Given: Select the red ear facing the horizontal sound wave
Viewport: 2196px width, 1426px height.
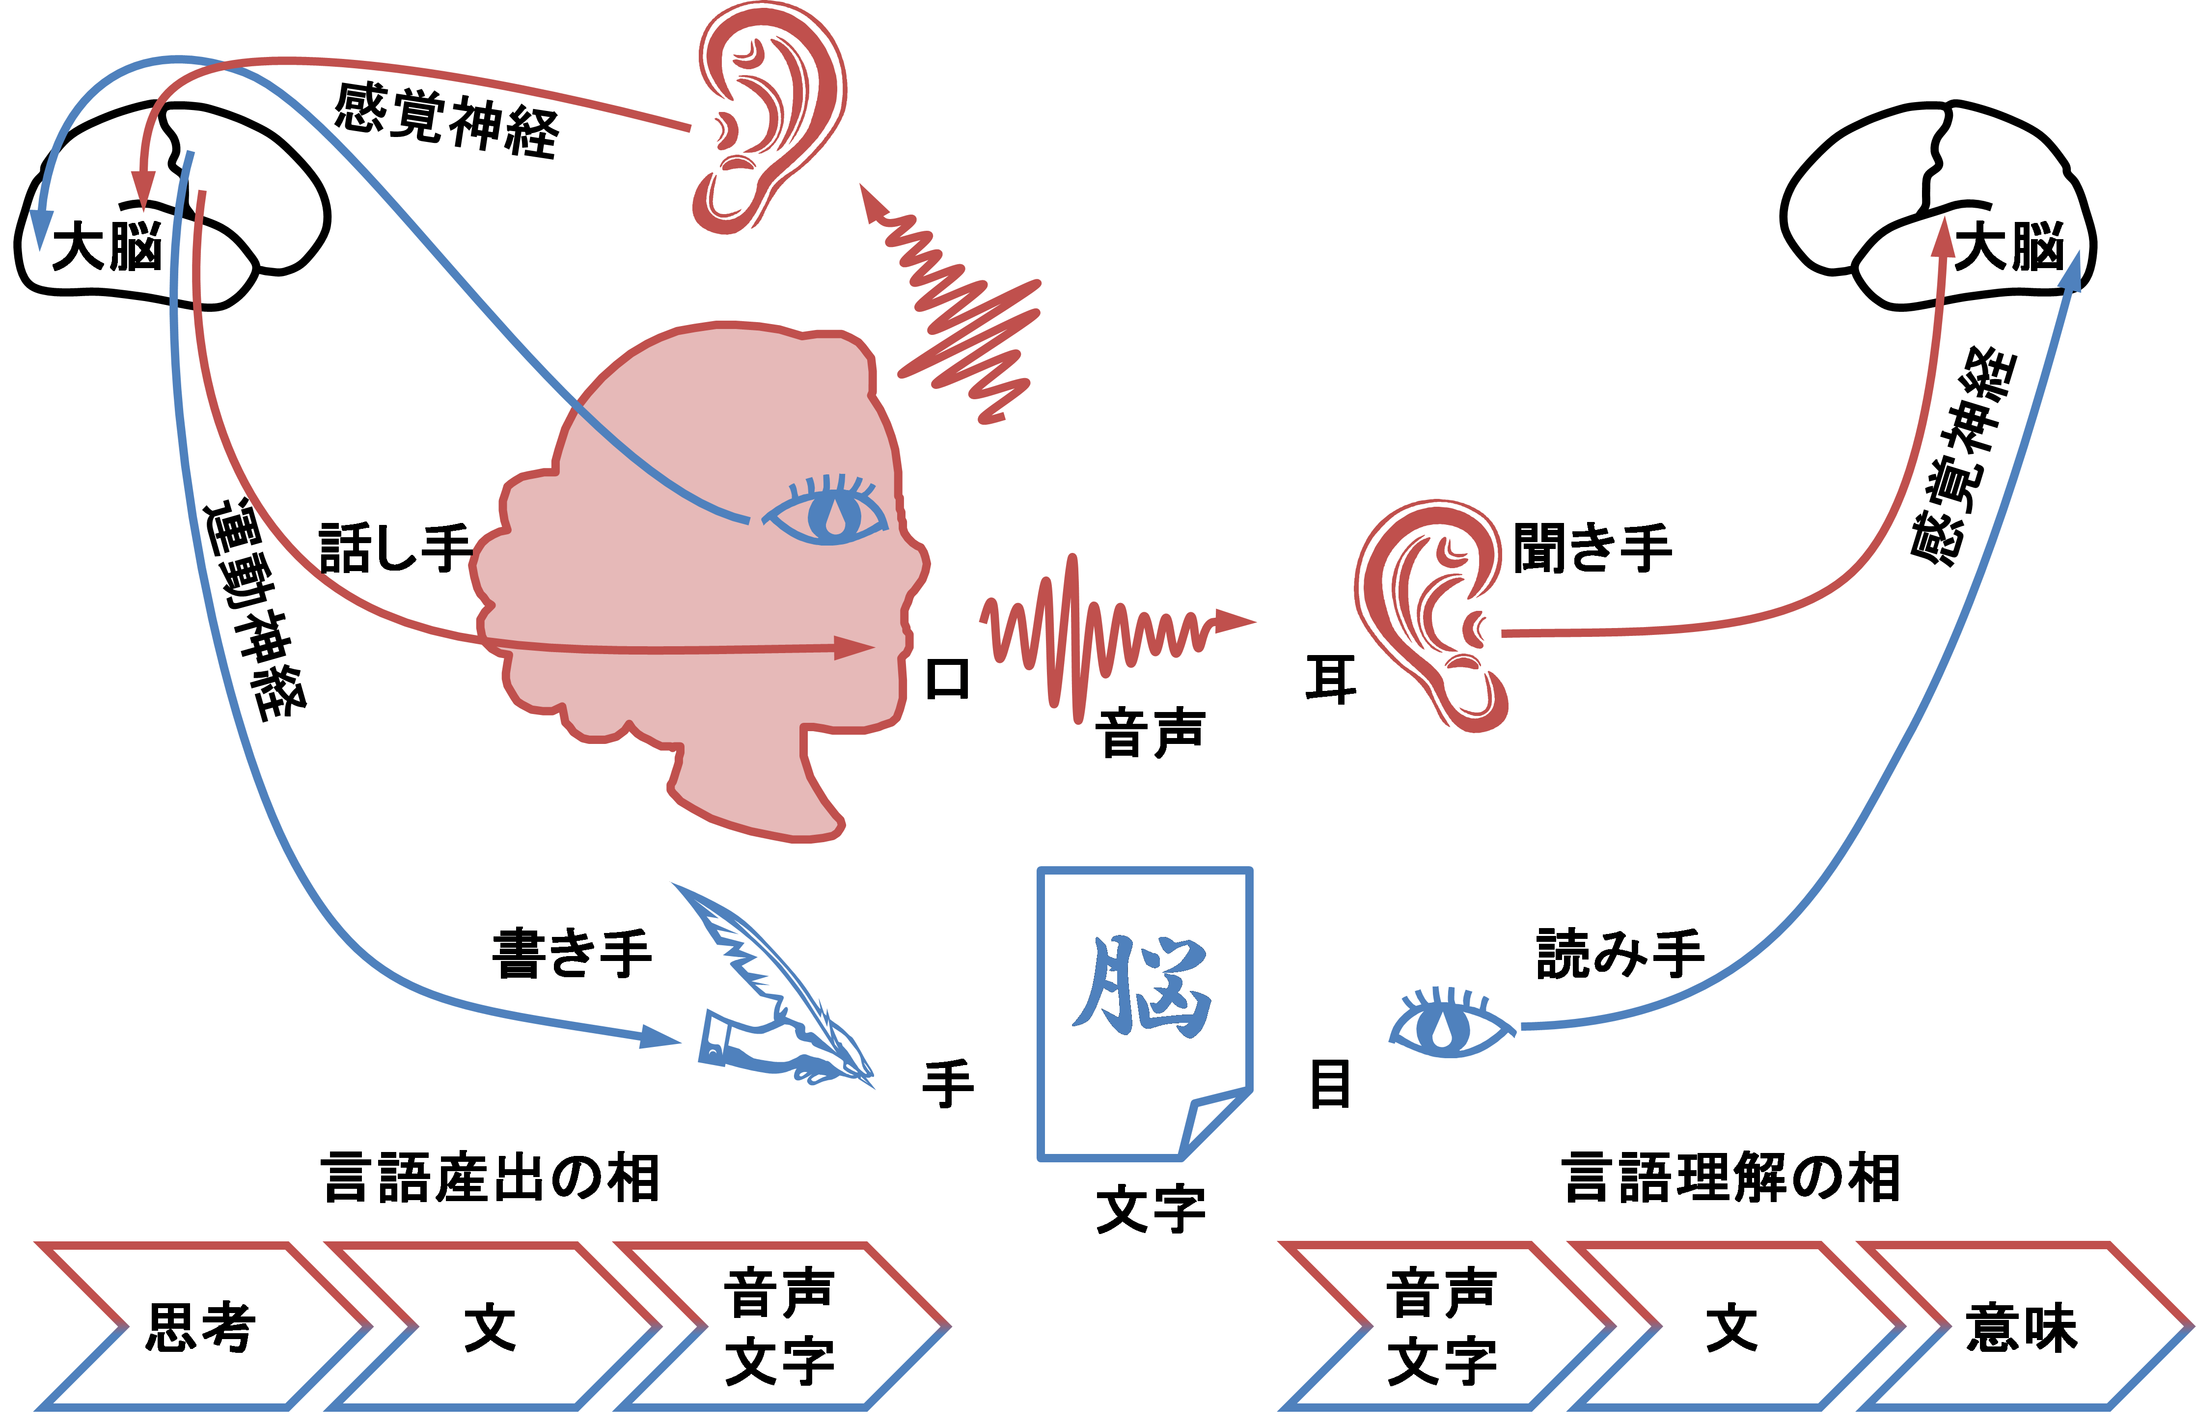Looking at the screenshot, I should click(1430, 613).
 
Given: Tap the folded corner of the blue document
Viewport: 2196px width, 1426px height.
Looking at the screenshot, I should click(1208, 1121).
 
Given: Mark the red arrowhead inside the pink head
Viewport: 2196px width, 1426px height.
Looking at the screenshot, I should click(853, 648).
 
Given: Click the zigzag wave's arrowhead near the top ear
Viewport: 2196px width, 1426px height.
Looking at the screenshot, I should click(869, 203).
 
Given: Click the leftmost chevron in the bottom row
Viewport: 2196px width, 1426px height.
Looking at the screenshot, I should click(198, 1325).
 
